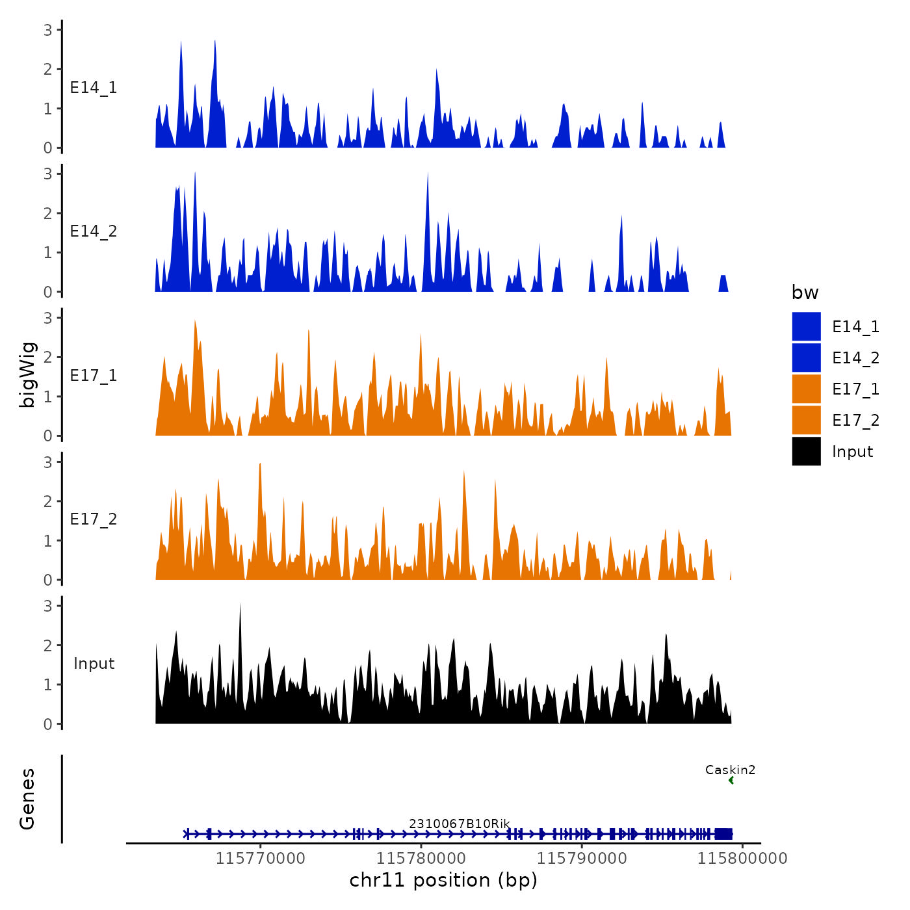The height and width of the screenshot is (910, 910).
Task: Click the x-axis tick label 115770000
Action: [x=260, y=859]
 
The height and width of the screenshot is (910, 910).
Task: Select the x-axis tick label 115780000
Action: [x=421, y=859]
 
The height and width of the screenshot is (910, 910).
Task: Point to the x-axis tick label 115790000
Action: [x=582, y=859]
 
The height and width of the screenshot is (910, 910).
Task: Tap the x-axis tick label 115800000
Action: [x=742, y=859]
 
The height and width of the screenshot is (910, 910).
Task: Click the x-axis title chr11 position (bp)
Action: [x=443, y=881]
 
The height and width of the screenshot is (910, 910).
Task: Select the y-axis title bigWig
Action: [x=28, y=375]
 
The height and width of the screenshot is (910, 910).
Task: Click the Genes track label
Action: [x=28, y=799]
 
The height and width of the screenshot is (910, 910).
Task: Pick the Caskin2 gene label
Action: [x=730, y=770]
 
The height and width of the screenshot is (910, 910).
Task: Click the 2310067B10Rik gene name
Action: [x=459, y=824]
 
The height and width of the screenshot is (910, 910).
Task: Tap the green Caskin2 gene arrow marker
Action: [x=731, y=781]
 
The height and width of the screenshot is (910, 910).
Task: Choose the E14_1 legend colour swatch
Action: [x=806, y=326]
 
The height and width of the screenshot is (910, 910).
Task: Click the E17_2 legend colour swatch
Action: [x=806, y=420]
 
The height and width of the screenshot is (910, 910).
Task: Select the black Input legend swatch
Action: [x=806, y=451]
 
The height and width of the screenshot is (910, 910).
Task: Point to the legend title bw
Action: [x=805, y=293]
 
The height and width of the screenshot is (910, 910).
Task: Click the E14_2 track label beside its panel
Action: [x=94, y=231]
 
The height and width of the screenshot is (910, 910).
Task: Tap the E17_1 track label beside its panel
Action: [x=94, y=376]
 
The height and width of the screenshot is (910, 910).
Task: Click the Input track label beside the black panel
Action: [x=94, y=664]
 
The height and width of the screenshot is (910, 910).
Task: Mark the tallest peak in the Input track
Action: [x=240, y=604]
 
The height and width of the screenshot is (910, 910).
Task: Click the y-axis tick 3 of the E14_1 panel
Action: [x=48, y=29]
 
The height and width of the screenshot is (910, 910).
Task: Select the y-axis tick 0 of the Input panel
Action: [x=48, y=724]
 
